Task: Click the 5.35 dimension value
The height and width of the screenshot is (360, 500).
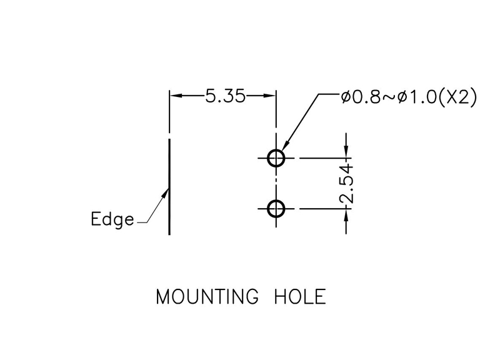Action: click(226, 96)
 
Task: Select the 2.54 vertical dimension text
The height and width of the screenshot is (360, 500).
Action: click(346, 184)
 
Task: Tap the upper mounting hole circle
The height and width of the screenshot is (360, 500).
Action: click(276, 158)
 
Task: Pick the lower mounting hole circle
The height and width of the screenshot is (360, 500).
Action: click(276, 209)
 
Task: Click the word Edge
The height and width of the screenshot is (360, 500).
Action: click(112, 219)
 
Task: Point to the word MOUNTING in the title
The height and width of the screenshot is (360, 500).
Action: click(207, 296)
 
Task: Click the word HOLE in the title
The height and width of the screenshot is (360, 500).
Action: click(300, 296)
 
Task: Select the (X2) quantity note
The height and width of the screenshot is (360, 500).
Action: click(457, 96)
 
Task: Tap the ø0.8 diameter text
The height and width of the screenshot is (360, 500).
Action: click(361, 97)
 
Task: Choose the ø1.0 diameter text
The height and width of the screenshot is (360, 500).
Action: click(417, 97)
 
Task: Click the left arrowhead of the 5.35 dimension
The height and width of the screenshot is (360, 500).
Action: click(176, 96)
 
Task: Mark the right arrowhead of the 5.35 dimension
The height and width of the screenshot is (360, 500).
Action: click(270, 96)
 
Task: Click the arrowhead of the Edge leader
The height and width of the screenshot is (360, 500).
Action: click(166, 193)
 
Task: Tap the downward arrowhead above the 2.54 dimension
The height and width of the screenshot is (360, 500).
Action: click(346, 151)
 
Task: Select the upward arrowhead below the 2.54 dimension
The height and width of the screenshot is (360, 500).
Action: click(346, 215)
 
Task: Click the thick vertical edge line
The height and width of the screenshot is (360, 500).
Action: click(169, 186)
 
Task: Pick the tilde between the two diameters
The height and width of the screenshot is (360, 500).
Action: click(389, 97)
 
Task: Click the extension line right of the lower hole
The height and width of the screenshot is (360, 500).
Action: click(325, 209)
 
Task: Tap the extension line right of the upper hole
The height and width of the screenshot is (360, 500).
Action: click(325, 158)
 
